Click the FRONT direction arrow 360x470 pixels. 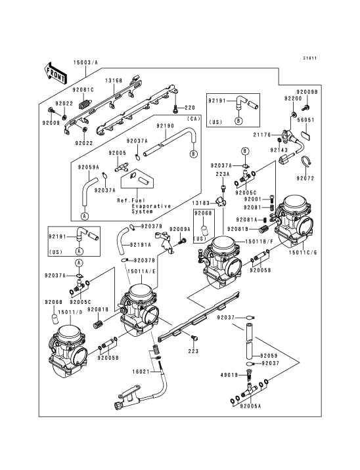click(x=55, y=73)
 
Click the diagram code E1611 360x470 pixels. click(x=309, y=58)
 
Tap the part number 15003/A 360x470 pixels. click(x=86, y=62)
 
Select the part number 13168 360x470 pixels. click(x=114, y=81)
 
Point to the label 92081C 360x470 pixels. click(x=83, y=90)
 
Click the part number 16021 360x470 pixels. click(x=141, y=372)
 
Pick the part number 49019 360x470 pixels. click(x=229, y=375)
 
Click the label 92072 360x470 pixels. click(x=305, y=179)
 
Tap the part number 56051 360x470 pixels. click(x=305, y=120)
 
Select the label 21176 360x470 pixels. click(x=262, y=135)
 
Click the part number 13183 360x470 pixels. click(x=201, y=203)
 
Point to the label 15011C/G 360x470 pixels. click(x=303, y=252)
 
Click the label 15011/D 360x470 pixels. click(x=70, y=312)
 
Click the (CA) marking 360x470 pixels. click(x=194, y=119)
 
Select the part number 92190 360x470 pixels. click(x=165, y=126)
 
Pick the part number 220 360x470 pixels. click(x=190, y=108)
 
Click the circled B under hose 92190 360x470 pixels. click(x=194, y=154)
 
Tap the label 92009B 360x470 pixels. click(x=307, y=92)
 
